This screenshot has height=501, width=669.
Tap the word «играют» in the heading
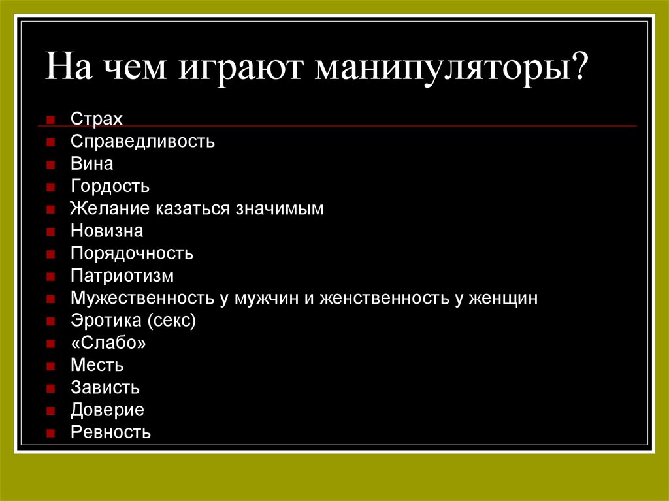point(244,69)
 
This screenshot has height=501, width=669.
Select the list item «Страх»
point(97,120)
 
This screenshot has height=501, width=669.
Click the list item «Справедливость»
point(142,142)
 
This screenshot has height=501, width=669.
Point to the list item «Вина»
point(92,164)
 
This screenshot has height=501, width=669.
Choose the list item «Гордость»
point(110,187)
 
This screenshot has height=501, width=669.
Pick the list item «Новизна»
point(107,231)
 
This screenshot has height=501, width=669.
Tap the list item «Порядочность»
point(132,253)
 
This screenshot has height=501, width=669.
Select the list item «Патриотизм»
point(122,276)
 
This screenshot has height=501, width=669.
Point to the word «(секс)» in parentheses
point(172,321)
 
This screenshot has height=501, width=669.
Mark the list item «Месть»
point(97,366)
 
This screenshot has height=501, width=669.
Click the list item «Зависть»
point(105,388)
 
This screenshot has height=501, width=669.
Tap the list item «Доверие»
point(108,410)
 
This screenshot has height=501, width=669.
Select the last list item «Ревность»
point(111,432)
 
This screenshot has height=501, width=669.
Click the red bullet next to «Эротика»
point(50,321)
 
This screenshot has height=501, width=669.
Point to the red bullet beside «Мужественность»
point(50,299)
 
